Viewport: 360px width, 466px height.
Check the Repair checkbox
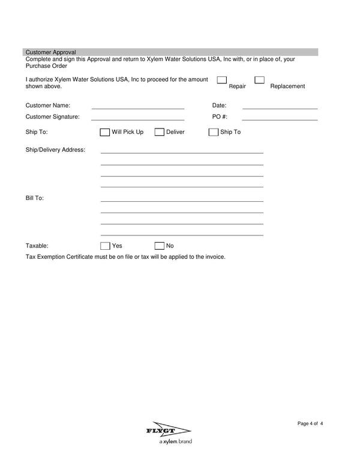click(x=221, y=80)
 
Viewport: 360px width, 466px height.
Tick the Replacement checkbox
click(x=259, y=80)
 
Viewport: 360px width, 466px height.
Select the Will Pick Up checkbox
click(x=105, y=132)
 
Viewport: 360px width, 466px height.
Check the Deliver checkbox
click(x=160, y=132)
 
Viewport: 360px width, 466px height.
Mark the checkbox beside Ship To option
click(x=214, y=132)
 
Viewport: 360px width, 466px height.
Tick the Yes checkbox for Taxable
click(x=105, y=246)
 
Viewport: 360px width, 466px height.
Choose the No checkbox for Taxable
click(x=160, y=246)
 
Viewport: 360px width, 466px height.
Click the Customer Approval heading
click(x=50, y=52)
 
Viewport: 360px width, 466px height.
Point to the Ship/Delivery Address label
click(x=55, y=150)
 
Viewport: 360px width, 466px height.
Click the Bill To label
click(x=35, y=198)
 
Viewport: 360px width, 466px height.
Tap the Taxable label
click(x=37, y=246)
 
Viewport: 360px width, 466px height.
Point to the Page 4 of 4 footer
click(x=310, y=424)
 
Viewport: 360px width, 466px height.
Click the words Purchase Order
click(x=46, y=66)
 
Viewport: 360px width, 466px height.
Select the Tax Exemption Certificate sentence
click(x=125, y=257)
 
